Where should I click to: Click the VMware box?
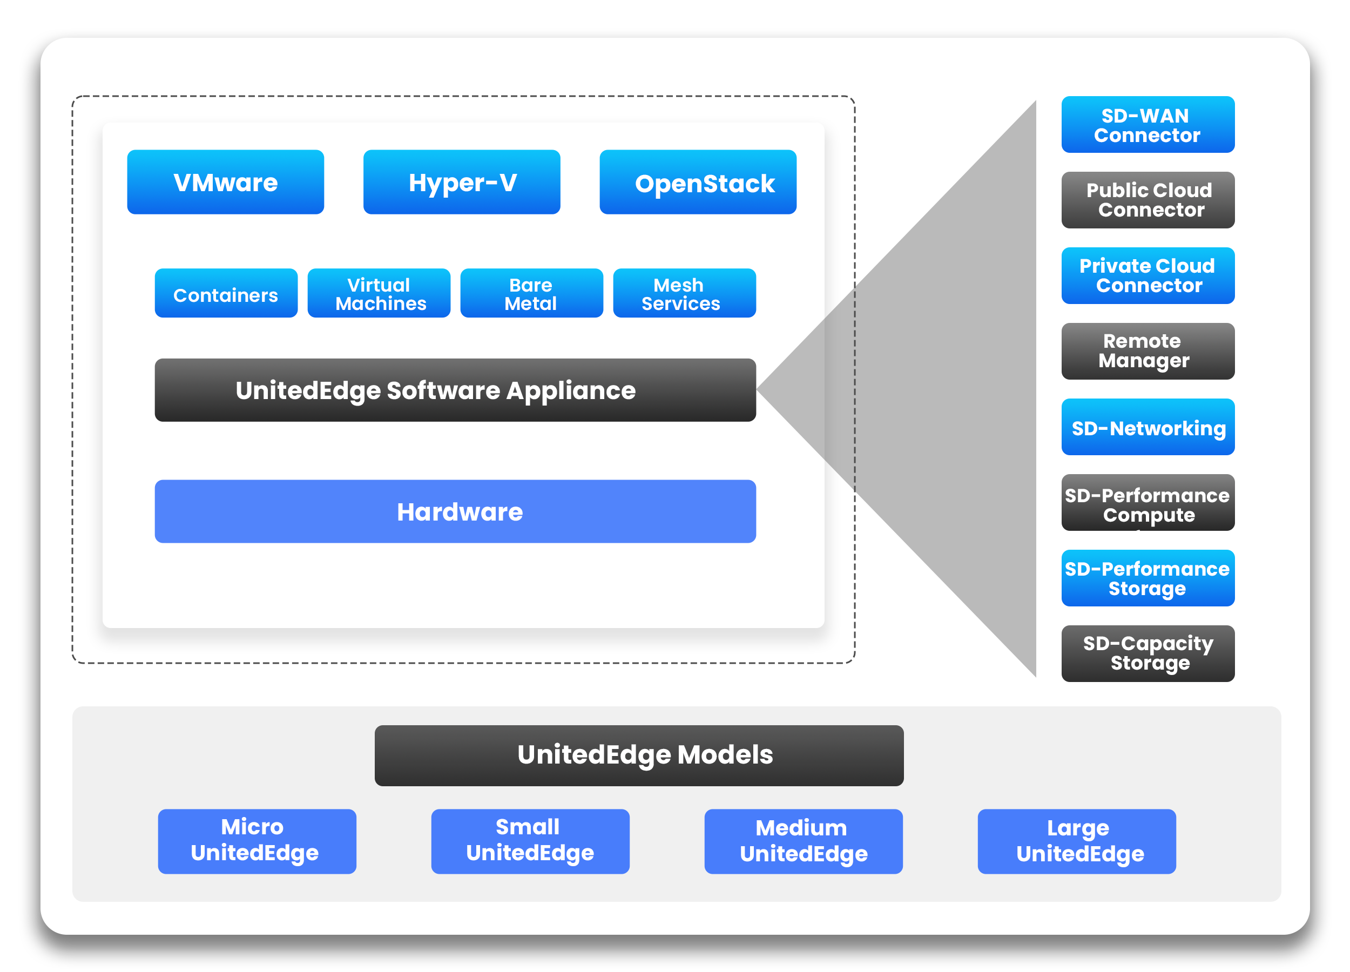pyautogui.click(x=226, y=182)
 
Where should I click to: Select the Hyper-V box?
pyautogui.click(x=462, y=182)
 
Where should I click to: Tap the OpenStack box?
pyautogui.click(x=698, y=182)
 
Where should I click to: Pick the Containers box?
pyautogui.click(x=226, y=293)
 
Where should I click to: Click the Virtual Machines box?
pyautogui.click(x=379, y=293)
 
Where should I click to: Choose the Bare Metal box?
pyautogui.click(x=532, y=293)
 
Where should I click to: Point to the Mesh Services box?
pyautogui.click(x=685, y=293)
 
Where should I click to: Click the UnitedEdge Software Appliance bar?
pyautogui.click(x=455, y=390)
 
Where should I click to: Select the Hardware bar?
pyautogui.click(x=455, y=512)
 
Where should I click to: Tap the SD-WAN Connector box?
pyautogui.click(x=1148, y=124)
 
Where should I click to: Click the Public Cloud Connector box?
pyautogui.click(x=1148, y=200)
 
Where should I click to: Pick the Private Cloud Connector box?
pyautogui.click(x=1148, y=275)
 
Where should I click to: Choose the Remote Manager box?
pyautogui.click(x=1148, y=351)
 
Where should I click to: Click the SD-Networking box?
pyautogui.click(x=1148, y=427)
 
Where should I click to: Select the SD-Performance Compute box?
pyautogui.click(x=1148, y=502)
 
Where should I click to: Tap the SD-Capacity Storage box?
pyautogui.click(x=1148, y=653)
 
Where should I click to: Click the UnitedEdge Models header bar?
pyautogui.click(x=639, y=756)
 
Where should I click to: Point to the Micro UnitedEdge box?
pyautogui.click(x=257, y=842)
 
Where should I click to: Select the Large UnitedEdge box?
pyautogui.click(x=1077, y=842)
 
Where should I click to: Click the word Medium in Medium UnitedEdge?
pyautogui.click(x=801, y=828)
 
